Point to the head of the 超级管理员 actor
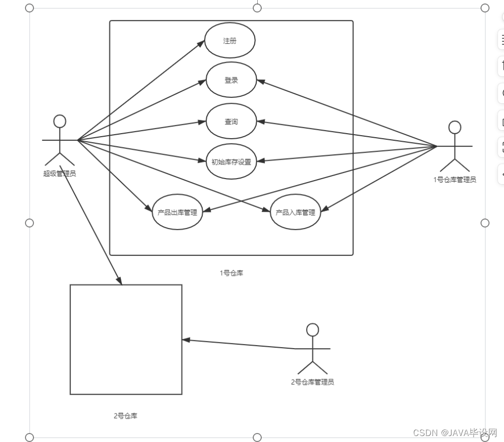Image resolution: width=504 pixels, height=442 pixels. pyautogui.click(x=60, y=121)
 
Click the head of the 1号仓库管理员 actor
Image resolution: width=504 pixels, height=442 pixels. pyautogui.click(x=455, y=127)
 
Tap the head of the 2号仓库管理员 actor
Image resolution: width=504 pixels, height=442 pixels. pyautogui.click(x=312, y=330)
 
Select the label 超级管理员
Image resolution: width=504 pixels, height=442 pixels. pyautogui.click(x=59, y=174)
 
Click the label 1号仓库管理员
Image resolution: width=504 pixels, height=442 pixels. pyautogui.click(x=455, y=180)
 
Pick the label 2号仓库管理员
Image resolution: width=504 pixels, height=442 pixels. pyautogui.click(x=312, y=382)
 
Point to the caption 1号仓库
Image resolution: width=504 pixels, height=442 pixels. pyautogui.click(x=231, y=273)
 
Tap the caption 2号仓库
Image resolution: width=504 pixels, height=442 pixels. pyautogui.click(x=125, y=416)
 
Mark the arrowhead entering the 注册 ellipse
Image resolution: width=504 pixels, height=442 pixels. pyautogui.click(x=201, y=44)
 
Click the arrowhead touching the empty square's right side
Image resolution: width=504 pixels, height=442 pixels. pyautogui.click(x=186, y=340)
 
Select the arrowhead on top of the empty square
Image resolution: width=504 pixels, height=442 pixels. pyautogui.click(x=119, y=280)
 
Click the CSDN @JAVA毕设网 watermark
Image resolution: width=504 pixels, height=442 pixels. pyautogui.click(x=455, y=433)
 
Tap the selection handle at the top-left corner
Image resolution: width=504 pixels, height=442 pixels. pyautogui.click(x=29, y=8)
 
